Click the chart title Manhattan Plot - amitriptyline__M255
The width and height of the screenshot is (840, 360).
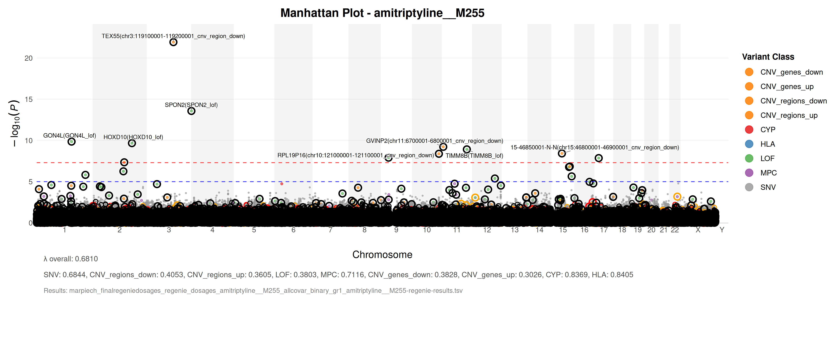382,13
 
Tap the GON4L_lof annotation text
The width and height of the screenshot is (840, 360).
69,136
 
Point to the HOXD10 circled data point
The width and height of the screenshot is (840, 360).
132,143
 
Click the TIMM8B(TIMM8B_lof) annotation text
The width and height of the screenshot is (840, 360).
474,156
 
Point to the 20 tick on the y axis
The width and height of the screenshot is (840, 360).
29,58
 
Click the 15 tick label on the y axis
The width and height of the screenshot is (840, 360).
29,99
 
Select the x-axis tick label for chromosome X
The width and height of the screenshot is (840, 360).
698,230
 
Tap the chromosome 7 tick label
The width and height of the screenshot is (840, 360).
330,230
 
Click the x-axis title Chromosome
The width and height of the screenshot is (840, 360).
382,255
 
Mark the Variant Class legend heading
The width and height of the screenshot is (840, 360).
768,57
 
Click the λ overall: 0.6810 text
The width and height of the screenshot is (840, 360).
71,259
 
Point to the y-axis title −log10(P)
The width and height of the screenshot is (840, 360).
15,123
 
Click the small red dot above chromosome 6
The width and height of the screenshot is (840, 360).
282,184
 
